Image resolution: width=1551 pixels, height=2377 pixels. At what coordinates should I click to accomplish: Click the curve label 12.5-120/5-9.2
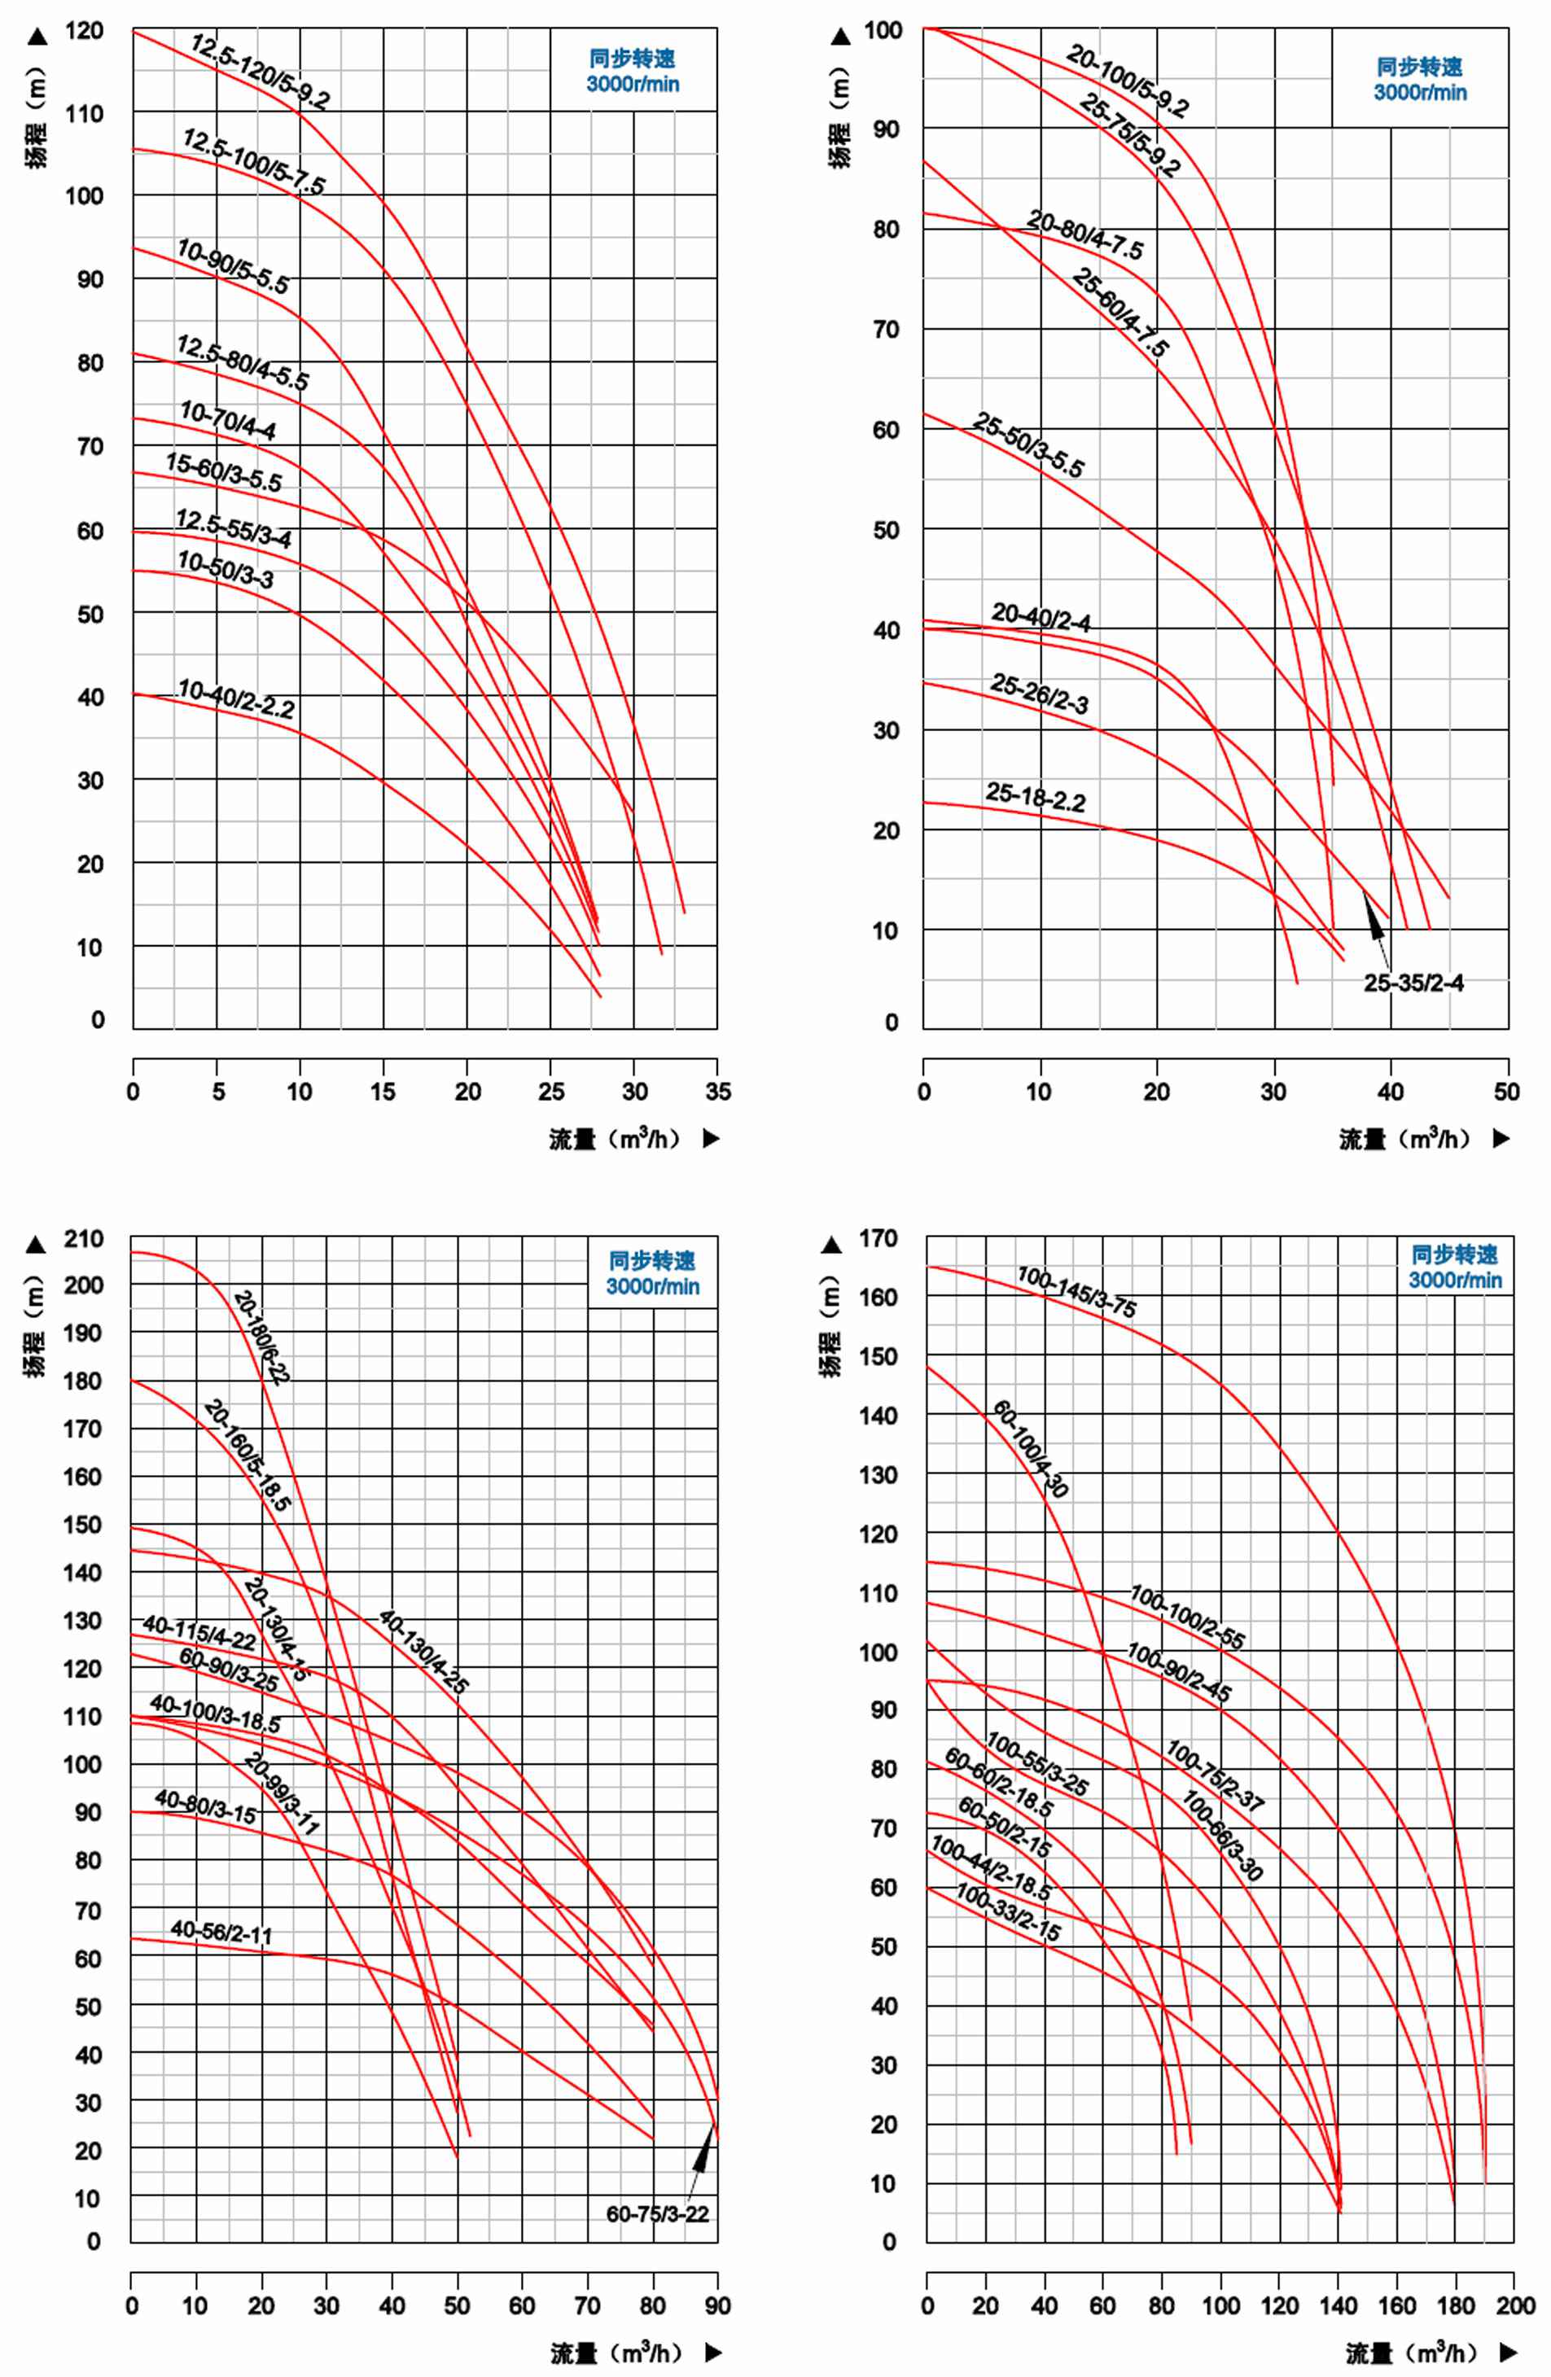point(260,72)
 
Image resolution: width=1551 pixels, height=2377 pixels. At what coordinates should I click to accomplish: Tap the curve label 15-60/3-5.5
point(224,472)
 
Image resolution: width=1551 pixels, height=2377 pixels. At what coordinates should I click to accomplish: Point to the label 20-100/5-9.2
point(1128,81)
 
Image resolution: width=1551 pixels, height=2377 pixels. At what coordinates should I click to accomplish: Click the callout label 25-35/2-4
point(1413,983)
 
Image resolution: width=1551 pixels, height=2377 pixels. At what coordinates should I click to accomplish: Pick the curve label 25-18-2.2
point(1036,796)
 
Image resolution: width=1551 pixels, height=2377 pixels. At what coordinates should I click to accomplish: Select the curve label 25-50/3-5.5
point(1027,445)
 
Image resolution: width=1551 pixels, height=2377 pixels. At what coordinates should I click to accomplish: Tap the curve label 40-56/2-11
point(221,1932)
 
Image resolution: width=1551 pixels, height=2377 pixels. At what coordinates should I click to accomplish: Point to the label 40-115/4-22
point(199,1633)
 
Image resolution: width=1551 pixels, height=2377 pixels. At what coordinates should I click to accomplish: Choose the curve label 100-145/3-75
point(1076,1291)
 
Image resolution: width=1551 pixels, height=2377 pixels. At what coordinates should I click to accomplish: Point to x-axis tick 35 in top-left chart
point(717,1092)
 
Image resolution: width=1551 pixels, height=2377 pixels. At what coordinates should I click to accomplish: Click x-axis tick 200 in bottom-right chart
point(1515,2306)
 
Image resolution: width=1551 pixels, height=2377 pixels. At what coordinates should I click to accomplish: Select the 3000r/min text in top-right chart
point(1419,93)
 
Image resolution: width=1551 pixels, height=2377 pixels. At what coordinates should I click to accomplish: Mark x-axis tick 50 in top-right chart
point(1507,1092)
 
